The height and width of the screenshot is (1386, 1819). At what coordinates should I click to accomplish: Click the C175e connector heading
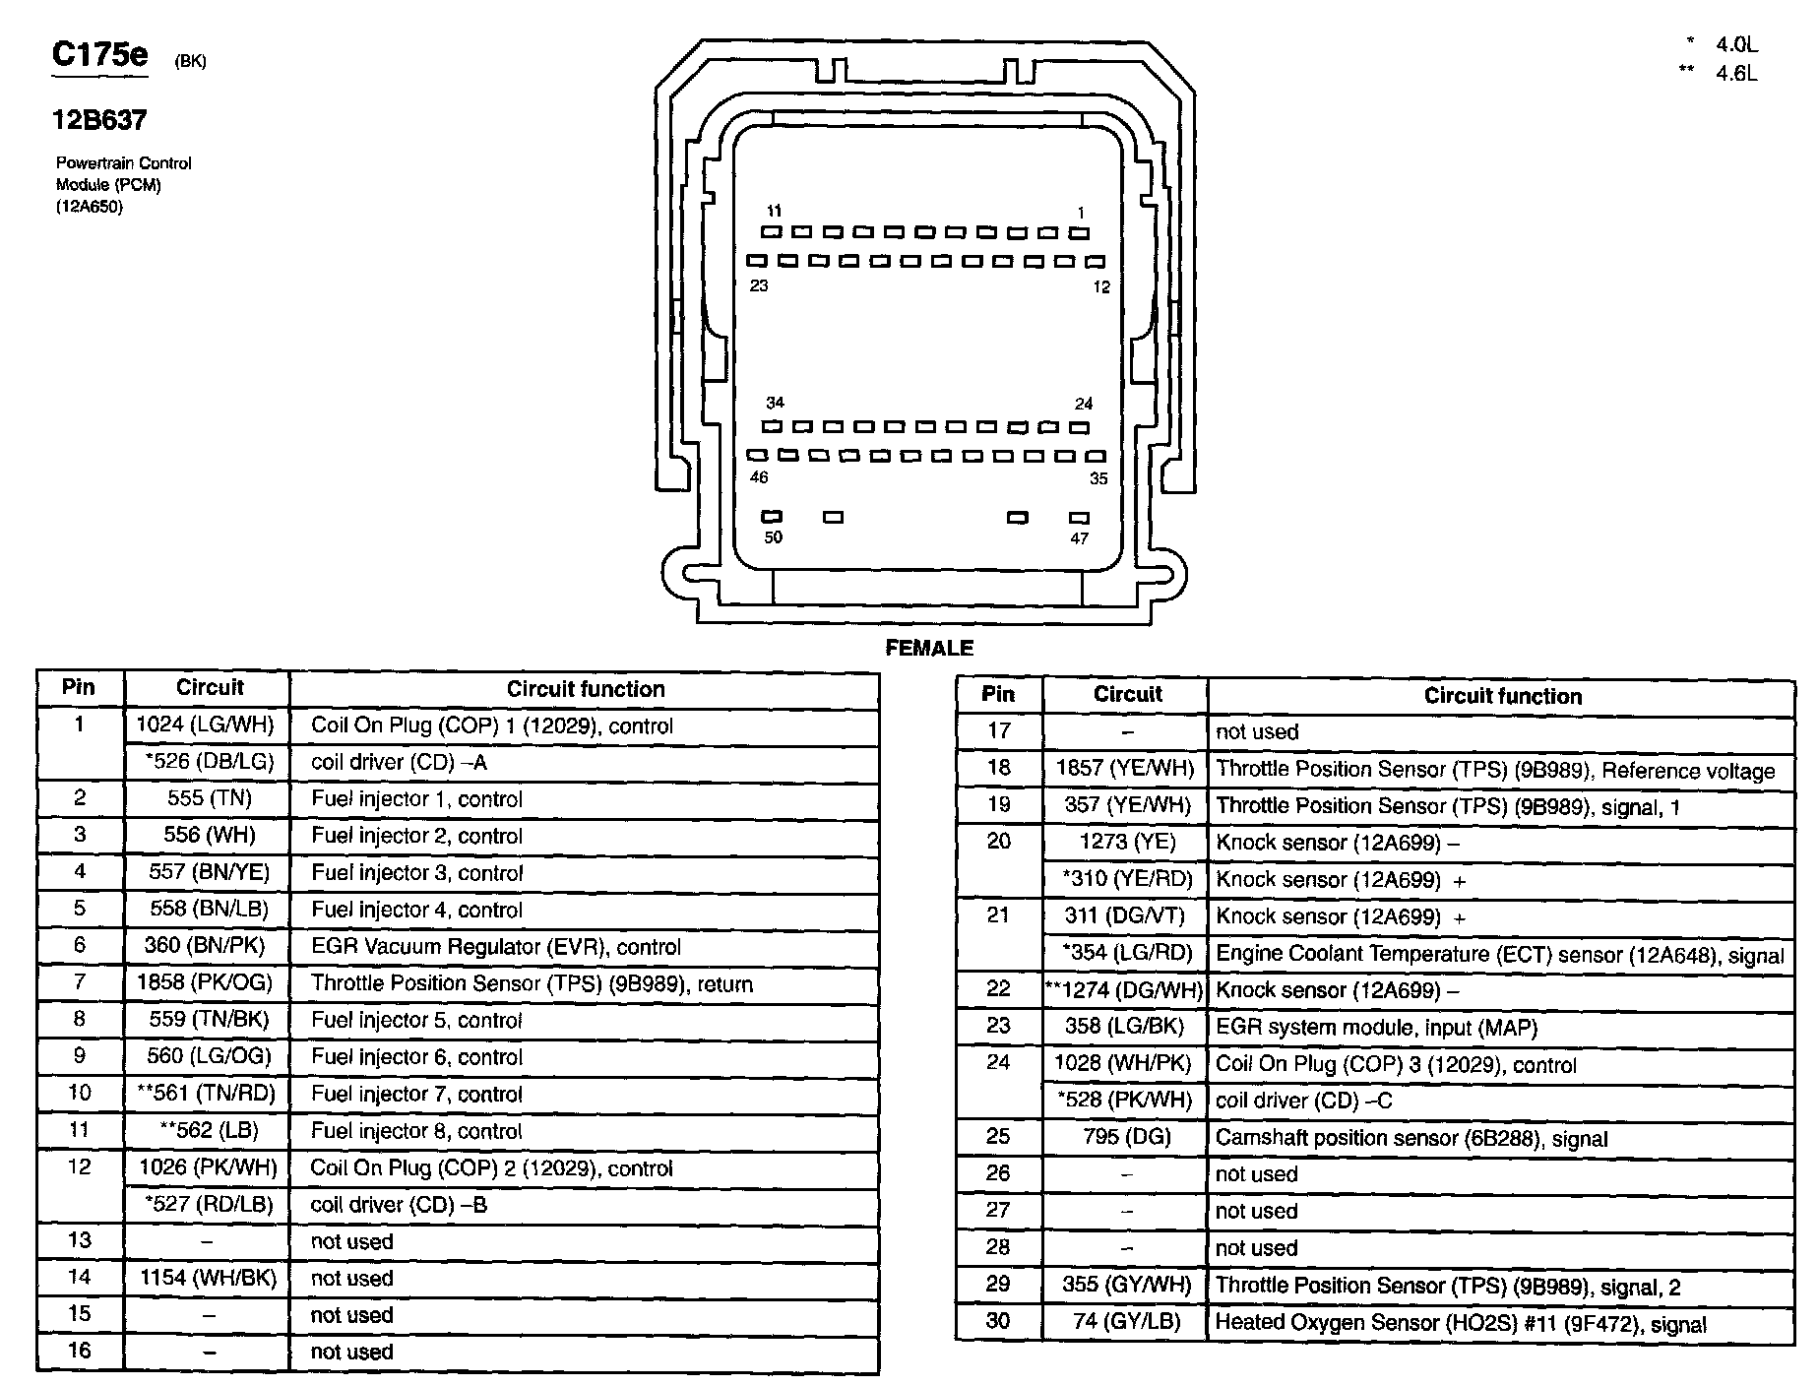99,55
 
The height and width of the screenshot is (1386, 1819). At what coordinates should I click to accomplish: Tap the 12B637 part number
99,120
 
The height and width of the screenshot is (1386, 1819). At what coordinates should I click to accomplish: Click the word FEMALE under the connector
929,648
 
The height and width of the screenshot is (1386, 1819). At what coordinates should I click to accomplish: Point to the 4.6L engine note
1735,74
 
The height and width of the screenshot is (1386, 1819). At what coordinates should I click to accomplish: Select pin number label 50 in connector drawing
774,537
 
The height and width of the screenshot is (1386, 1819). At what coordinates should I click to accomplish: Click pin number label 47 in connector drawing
1080,538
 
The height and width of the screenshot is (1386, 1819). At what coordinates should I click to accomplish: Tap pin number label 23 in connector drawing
759,285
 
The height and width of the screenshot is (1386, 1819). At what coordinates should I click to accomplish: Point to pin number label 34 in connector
776,403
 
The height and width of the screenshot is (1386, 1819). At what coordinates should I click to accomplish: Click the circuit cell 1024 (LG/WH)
207,725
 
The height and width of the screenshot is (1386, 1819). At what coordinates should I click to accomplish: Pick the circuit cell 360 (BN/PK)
207,946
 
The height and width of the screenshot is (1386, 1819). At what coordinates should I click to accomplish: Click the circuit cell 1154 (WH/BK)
207,1278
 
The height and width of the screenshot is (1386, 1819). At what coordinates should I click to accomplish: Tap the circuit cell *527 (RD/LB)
208,1205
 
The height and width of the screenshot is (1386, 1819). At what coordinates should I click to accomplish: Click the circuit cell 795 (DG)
1125,1137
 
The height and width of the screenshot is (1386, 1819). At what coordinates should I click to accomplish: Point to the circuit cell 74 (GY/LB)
1125,1321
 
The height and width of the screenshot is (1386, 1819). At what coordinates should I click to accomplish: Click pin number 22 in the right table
998,989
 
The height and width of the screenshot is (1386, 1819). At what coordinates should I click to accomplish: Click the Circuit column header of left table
209,688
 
